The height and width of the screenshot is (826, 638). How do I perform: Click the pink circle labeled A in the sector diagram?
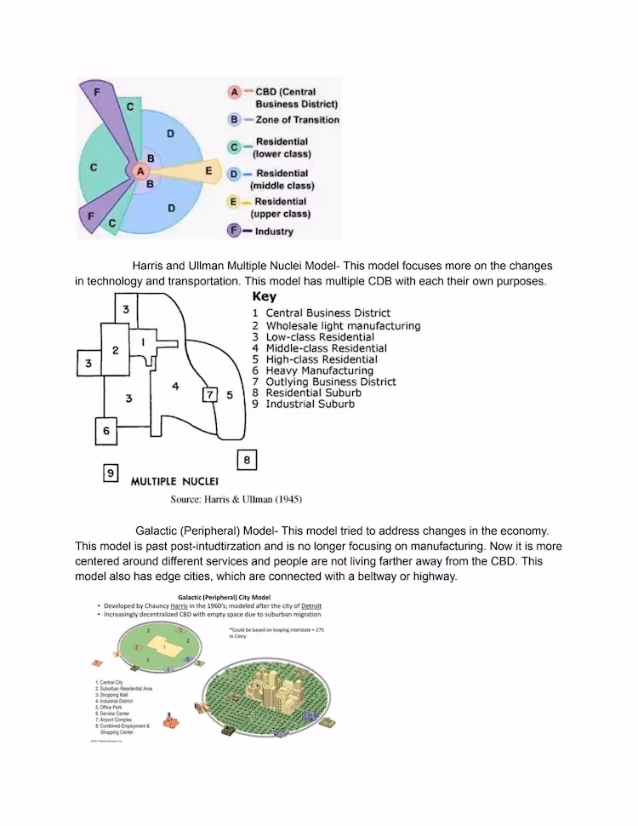click(x=137, y=171)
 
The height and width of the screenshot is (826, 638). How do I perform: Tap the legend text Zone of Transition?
click(x=297, y=120)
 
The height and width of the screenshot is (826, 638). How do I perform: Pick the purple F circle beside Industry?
click(x=234, y=231)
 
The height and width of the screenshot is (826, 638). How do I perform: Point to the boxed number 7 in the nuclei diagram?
click(x=210, y=394)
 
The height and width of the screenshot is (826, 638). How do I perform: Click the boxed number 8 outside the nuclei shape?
click(x=246, y=460)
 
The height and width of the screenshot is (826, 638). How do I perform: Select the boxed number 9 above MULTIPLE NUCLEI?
click(x=111, y=473)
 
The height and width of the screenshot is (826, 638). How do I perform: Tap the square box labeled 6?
click(x=106, y=431)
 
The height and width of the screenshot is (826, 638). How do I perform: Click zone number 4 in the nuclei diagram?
click(x=174, y=386)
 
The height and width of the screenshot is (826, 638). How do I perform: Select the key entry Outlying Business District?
click(x=330, y=381)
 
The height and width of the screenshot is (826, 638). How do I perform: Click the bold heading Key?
click(x=264, y=297)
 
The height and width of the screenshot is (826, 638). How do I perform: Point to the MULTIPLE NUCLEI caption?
click(x=174, y=481)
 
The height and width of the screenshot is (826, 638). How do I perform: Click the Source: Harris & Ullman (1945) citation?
click(x=236, y=499)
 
